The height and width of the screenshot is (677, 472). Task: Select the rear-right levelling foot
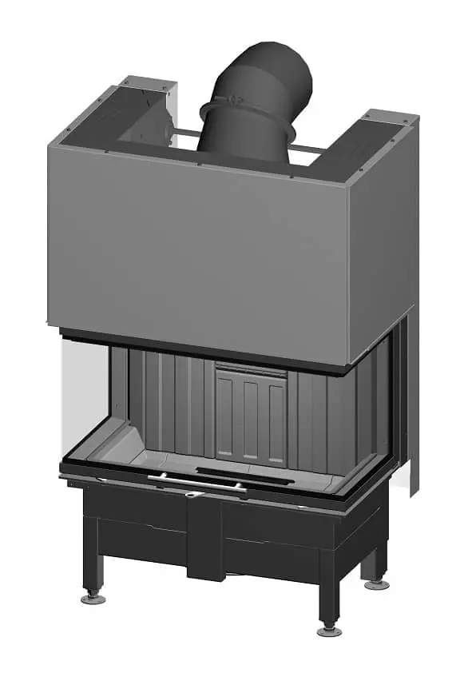[x=376, y=584]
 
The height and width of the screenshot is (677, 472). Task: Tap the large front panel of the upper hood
[x=200, y=248]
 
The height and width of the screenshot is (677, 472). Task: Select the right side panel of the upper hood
[x=382, y=240]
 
